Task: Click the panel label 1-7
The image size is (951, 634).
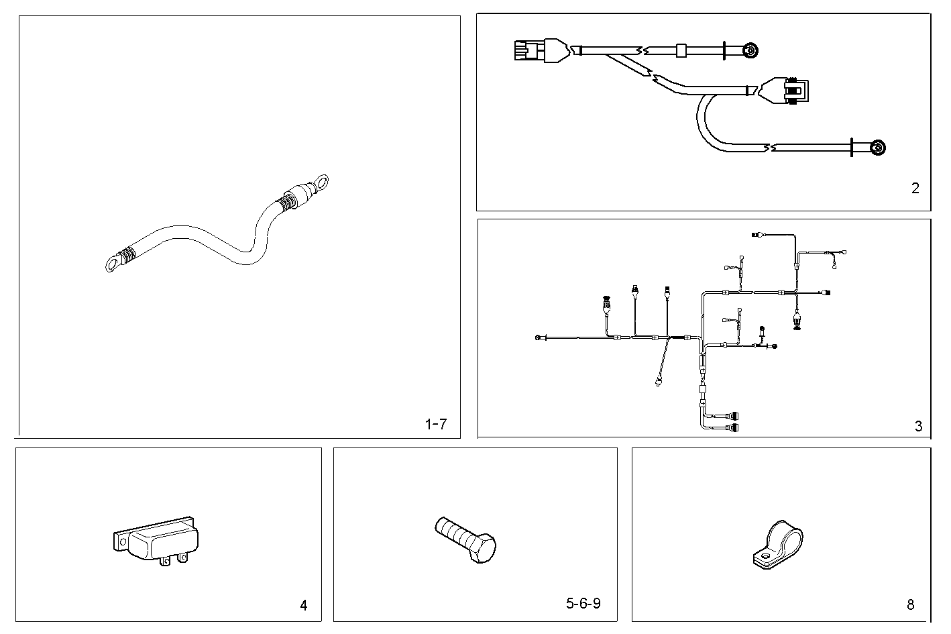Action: (435, 424)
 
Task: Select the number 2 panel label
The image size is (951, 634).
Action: (915, 189)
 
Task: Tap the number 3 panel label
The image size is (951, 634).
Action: (918, 426)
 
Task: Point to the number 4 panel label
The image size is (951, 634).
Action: (303, 605)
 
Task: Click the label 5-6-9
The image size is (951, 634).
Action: (583, 603)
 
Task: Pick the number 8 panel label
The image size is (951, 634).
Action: (910, 605)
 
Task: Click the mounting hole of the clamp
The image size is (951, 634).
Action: (763, 556)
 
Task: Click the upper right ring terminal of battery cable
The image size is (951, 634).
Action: (323, 181)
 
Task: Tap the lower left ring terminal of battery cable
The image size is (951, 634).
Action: (112, 265)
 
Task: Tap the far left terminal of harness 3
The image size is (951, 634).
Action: (539, 337)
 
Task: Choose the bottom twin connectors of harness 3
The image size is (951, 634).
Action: (734, 421)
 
